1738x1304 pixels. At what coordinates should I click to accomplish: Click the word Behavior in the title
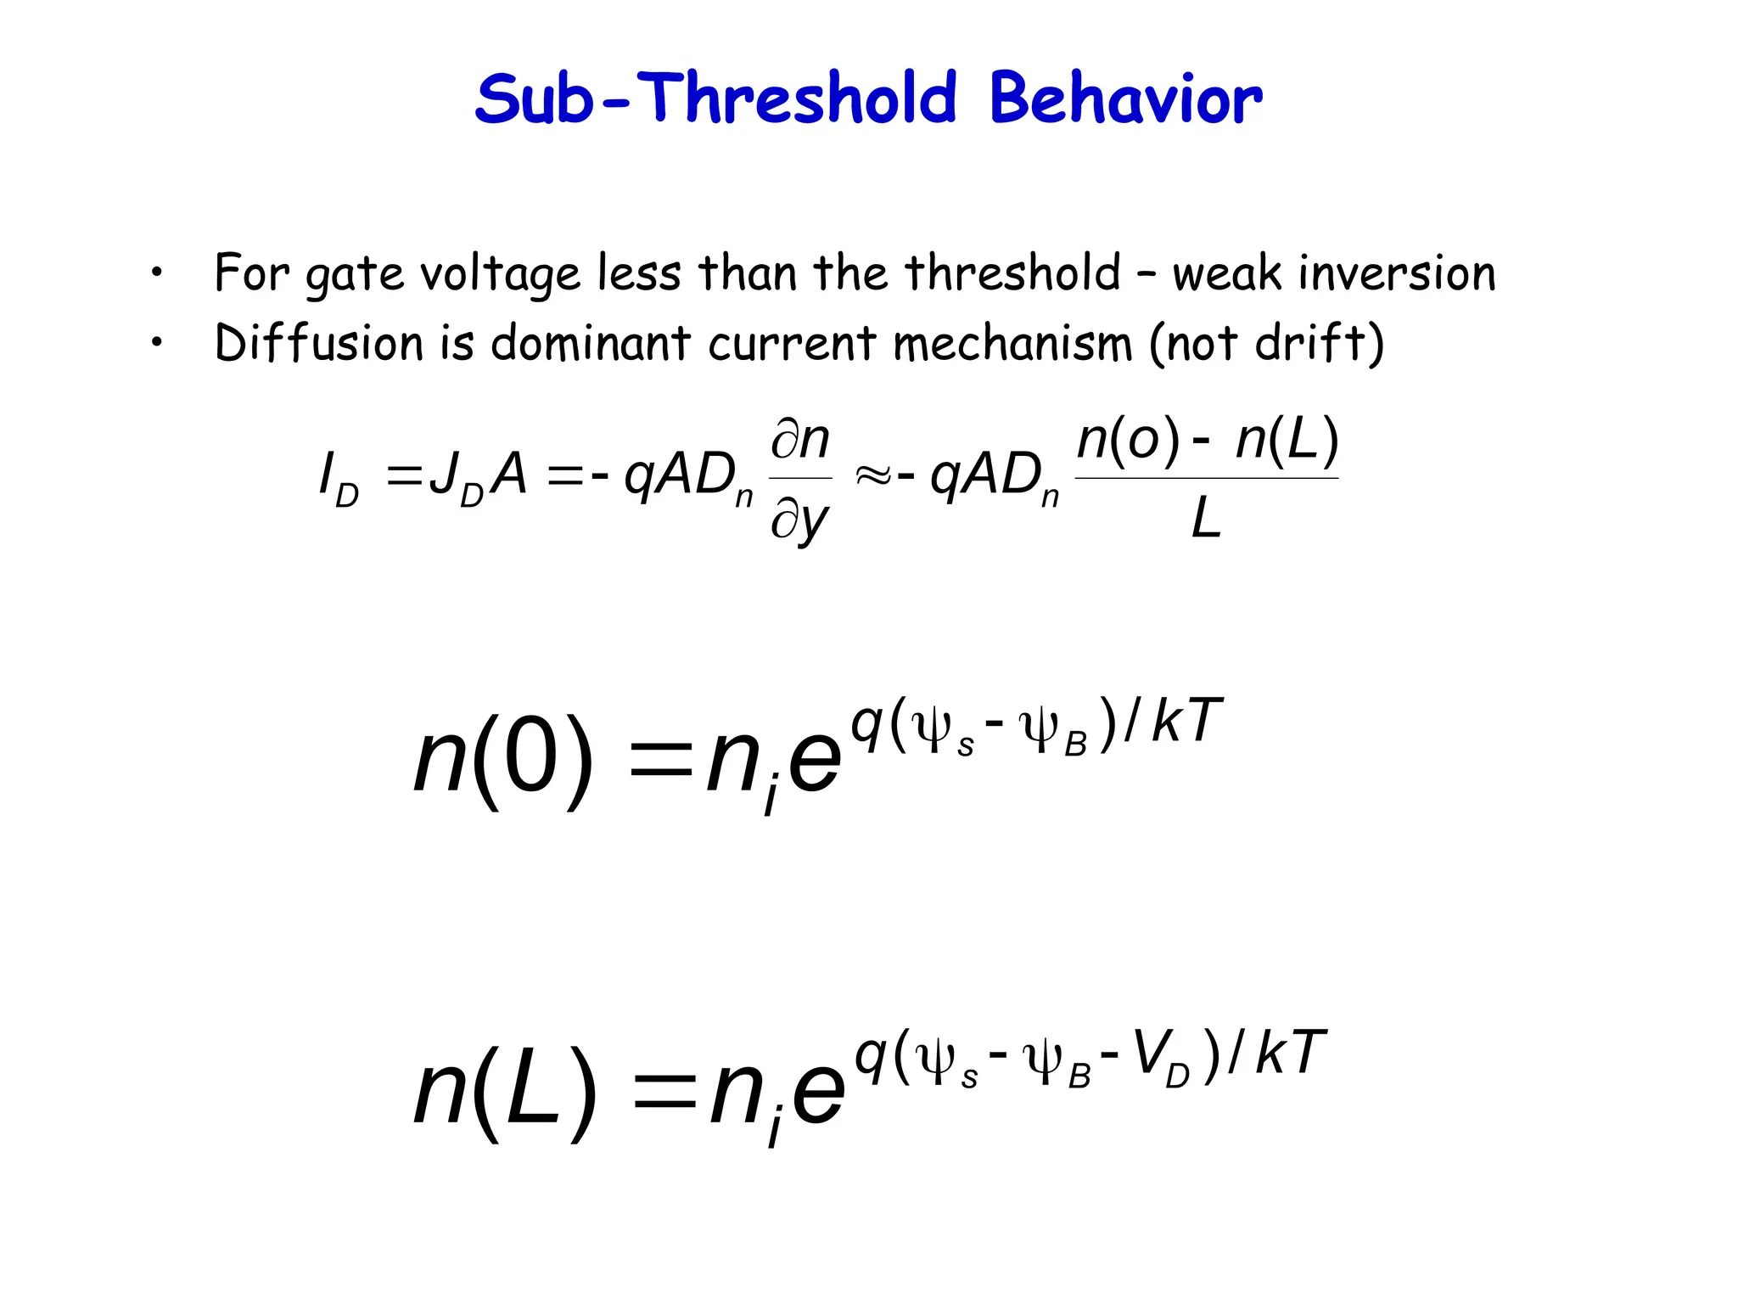[x=1125, y=99]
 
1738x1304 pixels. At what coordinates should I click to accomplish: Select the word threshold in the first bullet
[x=1013, y=273]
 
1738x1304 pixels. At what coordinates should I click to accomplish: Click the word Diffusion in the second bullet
[x=318, y=343]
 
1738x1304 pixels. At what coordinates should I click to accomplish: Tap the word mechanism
[x=1012, y=343]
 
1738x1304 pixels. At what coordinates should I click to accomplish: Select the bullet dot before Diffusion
[x=156, y=343]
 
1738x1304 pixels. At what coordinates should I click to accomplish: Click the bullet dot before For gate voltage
[x=156, y=273]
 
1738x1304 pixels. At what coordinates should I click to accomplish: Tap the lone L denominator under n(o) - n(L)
[x=1206, y=519]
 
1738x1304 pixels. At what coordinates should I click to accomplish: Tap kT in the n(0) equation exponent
[x=1186, y=722]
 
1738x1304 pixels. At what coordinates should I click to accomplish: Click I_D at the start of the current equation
[x=338, y=479]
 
